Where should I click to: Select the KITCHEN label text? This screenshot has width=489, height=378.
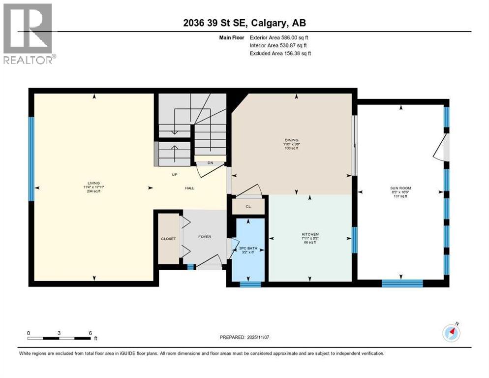coord(310,234)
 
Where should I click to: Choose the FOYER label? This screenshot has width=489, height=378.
coord(205,237)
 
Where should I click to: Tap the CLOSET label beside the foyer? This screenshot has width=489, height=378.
coord(168,239)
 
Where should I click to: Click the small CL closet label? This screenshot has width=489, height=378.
coord(248,207)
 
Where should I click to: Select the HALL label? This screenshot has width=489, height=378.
coord(190,188)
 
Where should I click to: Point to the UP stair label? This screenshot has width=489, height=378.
coord(174,174)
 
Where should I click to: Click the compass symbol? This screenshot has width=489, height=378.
coord(451,333)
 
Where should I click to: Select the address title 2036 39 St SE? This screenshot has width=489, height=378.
coord(244,23)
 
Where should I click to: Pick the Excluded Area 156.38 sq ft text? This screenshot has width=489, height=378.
coord(280,53)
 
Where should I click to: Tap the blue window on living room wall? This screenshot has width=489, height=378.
coord(31,158)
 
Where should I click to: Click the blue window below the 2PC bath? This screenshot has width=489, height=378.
coord(250,284)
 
